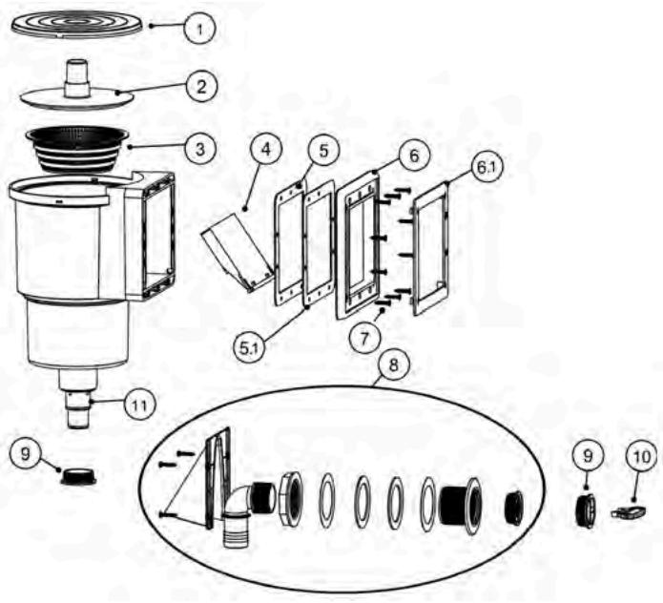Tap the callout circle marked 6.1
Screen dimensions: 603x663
tap(487, 169)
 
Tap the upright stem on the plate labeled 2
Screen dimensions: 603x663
tap(75, 76)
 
